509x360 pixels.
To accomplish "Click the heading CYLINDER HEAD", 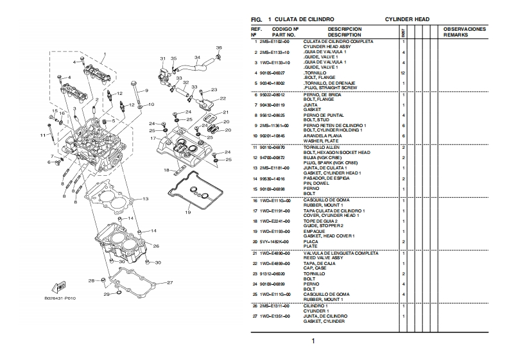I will pos(407,19).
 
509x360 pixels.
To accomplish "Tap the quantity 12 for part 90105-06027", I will pos(402,73).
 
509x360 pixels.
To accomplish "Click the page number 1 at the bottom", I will pos(313,341).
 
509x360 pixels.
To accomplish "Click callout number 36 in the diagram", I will pos(218,47).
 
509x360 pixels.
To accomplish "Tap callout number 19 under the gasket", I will pos(188,212).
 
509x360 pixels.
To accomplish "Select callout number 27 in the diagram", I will pos(169,282).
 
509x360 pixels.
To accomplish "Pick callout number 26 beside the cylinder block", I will pos(155,246).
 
